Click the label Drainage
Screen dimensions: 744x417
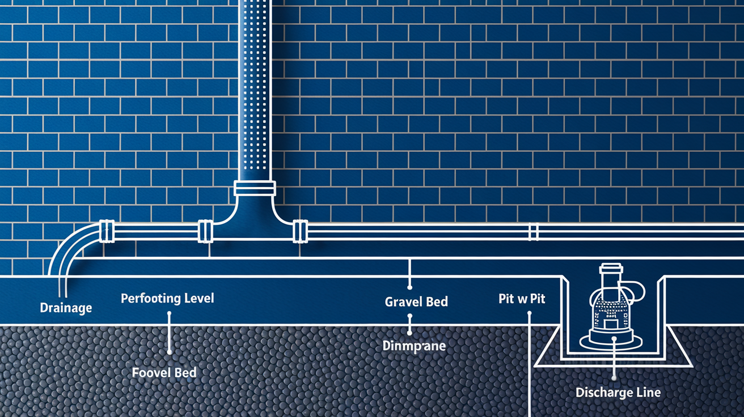click(66, 308)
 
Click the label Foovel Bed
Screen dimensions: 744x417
click(164, 373)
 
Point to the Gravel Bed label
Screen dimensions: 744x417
click(416, 302)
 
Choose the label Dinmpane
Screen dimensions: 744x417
click(414, 346)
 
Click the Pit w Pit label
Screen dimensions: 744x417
click(522, 299)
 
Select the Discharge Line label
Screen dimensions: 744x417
click(618, 393)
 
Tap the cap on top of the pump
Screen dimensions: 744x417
click(611, 267)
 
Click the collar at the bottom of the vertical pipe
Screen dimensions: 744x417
click(255, 188)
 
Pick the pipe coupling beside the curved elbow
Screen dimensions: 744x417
click(107, 231)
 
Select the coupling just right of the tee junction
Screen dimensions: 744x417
click(300, 231)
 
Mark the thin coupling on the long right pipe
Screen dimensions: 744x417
click(534, 232)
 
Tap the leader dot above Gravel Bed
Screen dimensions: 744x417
click(409, 287)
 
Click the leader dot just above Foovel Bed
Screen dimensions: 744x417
click(170, 352)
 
